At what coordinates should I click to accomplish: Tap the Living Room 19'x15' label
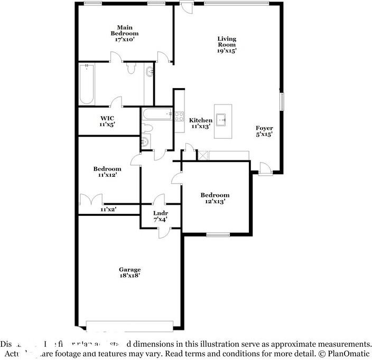click(x=227, y=45)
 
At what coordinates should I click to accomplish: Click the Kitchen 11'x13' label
click(x=201, y=124)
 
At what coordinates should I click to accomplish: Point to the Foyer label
click(x=264, y=131)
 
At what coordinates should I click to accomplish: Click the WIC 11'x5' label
click(x=107, y=121)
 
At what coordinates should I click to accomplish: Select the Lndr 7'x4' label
click(x=160, y=216)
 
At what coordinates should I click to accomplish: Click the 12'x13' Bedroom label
click(x=215, y=198)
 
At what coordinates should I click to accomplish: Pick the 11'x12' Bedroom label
click(x=107, y=172)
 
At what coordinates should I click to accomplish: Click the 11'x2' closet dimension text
click(x=108, y=210)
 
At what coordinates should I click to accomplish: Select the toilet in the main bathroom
click(x=131, y=68)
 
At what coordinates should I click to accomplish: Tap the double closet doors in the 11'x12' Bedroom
click(x=90, y=201)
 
